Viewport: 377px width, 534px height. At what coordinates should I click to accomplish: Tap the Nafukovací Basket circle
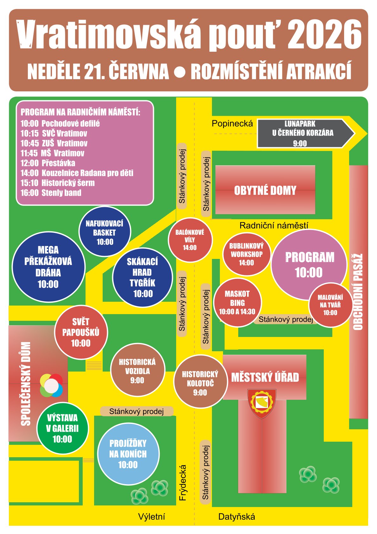[x=105, y=232]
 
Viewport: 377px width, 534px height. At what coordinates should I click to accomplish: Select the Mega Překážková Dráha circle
[x=48, y=267]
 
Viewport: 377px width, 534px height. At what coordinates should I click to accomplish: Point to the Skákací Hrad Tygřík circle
[x=142, y=277]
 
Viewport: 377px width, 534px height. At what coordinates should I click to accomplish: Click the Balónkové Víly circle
[x=190, y=240]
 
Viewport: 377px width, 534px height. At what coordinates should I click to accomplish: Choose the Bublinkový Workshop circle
[x=246, y=254]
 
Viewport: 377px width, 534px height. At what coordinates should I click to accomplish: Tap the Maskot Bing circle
[x=237, y=303]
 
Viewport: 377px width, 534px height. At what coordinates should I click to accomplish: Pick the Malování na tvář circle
[x=330, y=305]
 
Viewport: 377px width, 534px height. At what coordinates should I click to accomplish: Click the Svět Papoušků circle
[x=81, y=332]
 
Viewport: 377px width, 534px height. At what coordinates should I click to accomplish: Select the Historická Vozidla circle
[x=137, y=371]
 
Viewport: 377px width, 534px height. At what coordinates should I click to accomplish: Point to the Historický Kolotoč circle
[x=200, y=382]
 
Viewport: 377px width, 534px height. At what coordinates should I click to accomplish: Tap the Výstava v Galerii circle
[x=62, y=428]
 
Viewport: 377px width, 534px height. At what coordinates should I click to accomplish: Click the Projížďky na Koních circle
[x=128, y=454]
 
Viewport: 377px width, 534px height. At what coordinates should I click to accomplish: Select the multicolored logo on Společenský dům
[x=51, y=385]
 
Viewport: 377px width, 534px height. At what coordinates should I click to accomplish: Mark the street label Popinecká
[x=232, y=123]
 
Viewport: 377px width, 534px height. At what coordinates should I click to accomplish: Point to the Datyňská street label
[x=237, y=517]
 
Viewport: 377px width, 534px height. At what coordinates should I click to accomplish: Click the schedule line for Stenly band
[x=51, y=193]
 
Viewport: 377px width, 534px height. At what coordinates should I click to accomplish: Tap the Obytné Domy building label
[x=265, y=190]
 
